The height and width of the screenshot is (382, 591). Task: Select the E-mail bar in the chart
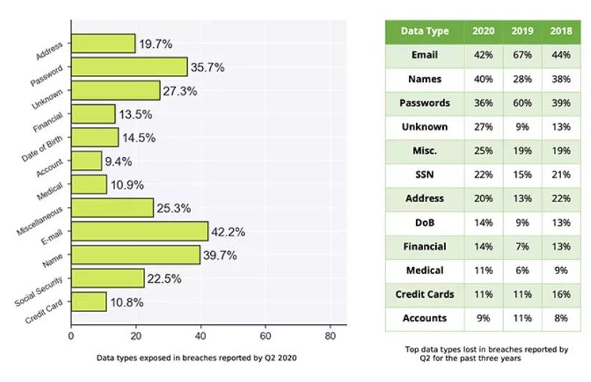click(139, 231)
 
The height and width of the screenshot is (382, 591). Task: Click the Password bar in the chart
click(129, 67)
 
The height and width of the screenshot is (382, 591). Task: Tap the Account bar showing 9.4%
click(86, 161)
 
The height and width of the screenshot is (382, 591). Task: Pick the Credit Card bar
click(89, 301)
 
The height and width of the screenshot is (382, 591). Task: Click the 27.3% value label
click(180, 91)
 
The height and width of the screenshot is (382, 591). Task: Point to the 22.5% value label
click(164, 278)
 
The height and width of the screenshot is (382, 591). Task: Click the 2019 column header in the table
click(522, 31)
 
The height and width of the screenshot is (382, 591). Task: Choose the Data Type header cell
click(424, 31)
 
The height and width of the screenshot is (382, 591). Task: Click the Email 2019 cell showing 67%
click(522, 55)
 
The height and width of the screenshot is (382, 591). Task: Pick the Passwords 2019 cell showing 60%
click(522, 103)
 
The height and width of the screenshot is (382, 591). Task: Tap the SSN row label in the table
click(424, 174)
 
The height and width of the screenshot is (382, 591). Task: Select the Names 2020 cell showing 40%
click(483, 79)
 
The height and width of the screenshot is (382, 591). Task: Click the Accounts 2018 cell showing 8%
click(560, 318)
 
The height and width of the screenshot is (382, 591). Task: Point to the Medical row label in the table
click(424, 271)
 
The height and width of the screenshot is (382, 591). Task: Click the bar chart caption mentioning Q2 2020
click(197, 356)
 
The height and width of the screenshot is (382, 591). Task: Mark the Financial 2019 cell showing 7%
click(522, 246)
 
